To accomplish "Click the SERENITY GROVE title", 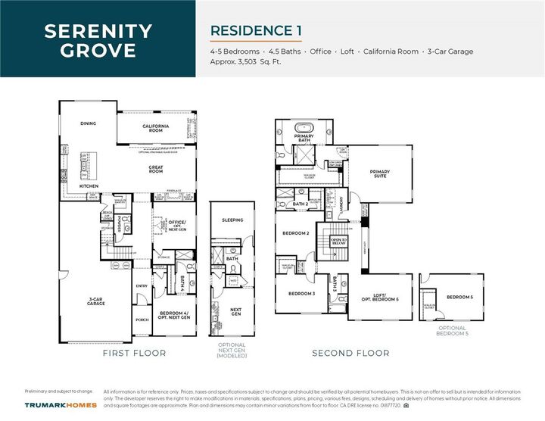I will click(x=98, y=41).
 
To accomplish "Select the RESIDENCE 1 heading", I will click(x=256, y=30).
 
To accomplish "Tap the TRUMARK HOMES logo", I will click(x=60, y=406).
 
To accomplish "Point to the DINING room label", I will click(x=89, y=123).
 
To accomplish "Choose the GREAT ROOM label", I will click(x=156, y=170).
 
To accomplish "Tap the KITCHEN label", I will click(x=89, y=186).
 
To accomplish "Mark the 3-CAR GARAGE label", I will click(x=95, y=301).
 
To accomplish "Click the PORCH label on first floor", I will click(x=142, y=319).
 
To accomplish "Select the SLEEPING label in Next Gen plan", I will click(x=232, y=220).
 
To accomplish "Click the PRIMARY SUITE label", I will click(x=380, y=173).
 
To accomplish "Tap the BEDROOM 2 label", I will click(x=297, y=233).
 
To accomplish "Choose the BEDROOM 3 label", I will click(x=301, y=293).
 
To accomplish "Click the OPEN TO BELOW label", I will click(x=338, y=242).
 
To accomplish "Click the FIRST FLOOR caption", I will click(x=134, y=353).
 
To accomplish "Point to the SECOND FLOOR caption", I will click(x=350, y=353).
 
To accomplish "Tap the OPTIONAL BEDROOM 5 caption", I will click(x=451, y=331).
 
